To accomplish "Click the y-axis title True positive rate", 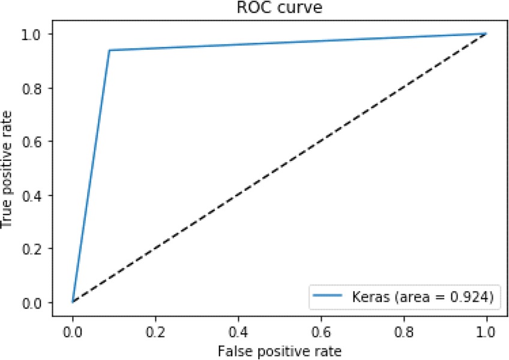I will pyautogui.click(x=8, y=168).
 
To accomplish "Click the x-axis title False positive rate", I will pyautogui.click(x=279, y=350).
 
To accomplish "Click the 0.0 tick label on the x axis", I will pyautogui.click(x=73, y=330).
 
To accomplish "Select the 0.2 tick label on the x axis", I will pyautogui.click(x=155, y=330).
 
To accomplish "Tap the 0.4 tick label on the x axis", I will pyautogui.click(x=238, y=330).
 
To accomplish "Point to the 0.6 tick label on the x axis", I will pyautogui.click(x=321, y=330).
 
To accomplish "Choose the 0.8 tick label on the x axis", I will pyautogui.click(x=403, y=330).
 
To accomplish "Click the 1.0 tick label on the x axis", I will pyautogui.click(x=486, y=330).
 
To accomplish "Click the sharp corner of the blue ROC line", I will pyautogui.click(x=109, y=50).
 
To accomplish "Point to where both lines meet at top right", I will pyautogui.click(x=486, y=34).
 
